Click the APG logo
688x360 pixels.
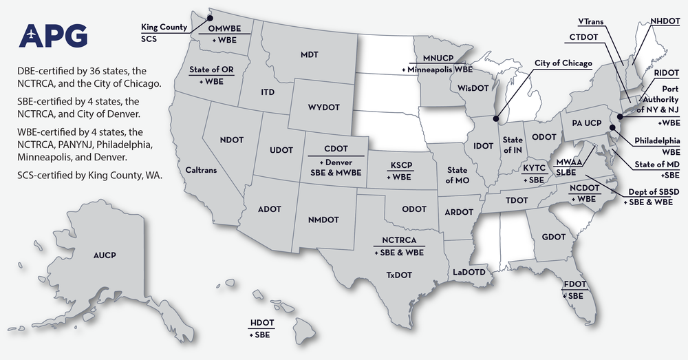[x=54, y=36]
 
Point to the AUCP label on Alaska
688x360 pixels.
[x=105, y=256]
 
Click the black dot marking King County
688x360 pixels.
[x=211, y=19]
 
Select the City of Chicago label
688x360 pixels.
[x=563, y=63]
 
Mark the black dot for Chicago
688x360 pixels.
[x=496, y=118]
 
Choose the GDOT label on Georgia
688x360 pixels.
[x=553, y=237]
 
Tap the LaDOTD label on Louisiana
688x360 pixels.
[x=469, y=272]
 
